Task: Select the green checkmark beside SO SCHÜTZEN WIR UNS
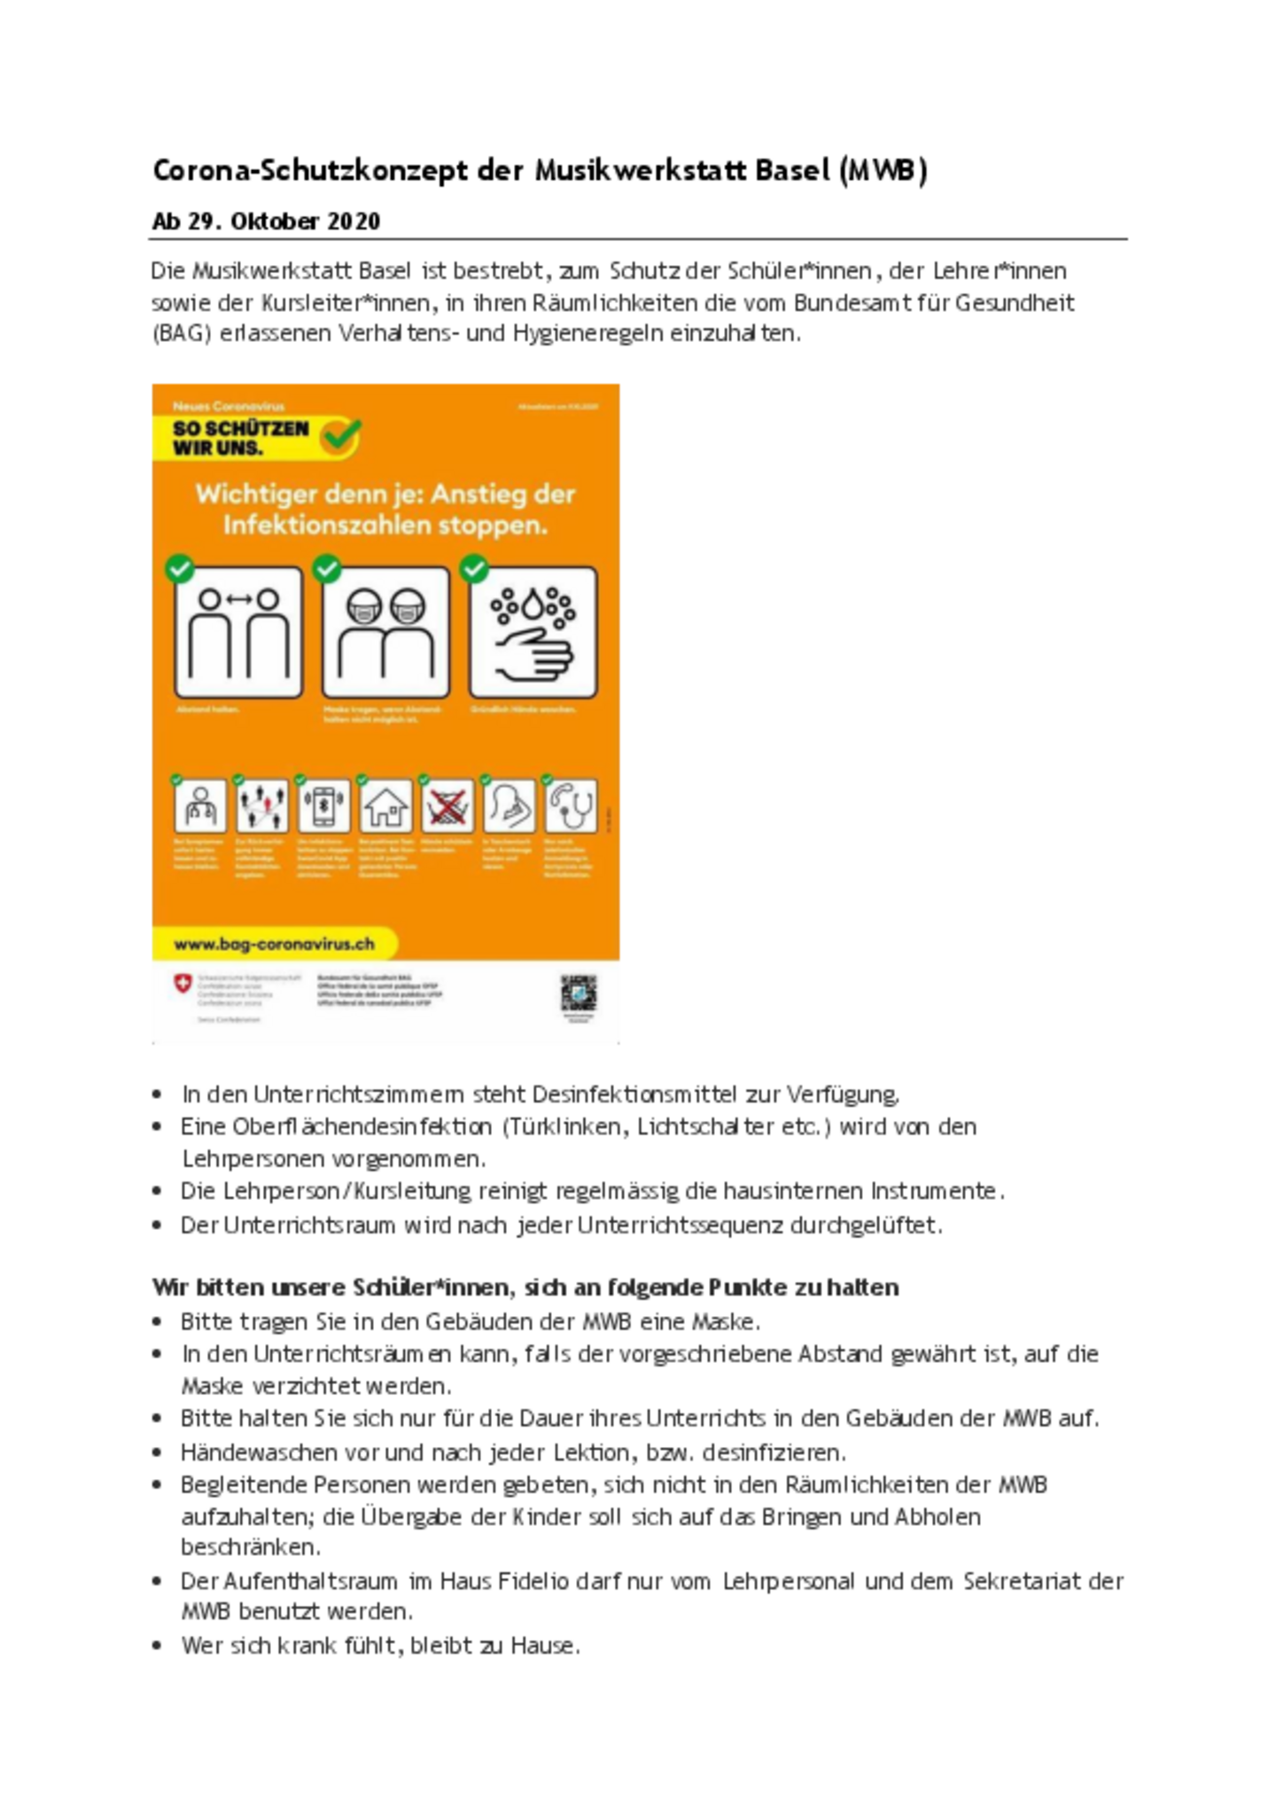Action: coord(340,436)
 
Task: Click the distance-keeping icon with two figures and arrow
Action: coord(238,633)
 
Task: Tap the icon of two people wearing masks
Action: coord(385,633)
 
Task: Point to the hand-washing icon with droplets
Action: coord(533,633)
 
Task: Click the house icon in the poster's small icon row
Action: coord(385,806)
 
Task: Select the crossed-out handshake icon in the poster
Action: coord(447,806)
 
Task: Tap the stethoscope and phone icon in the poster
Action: coord(572,806)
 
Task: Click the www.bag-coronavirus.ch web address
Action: coord(274,945)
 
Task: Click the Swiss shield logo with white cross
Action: coord(183,984)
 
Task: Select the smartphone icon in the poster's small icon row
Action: coord(324,806)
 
